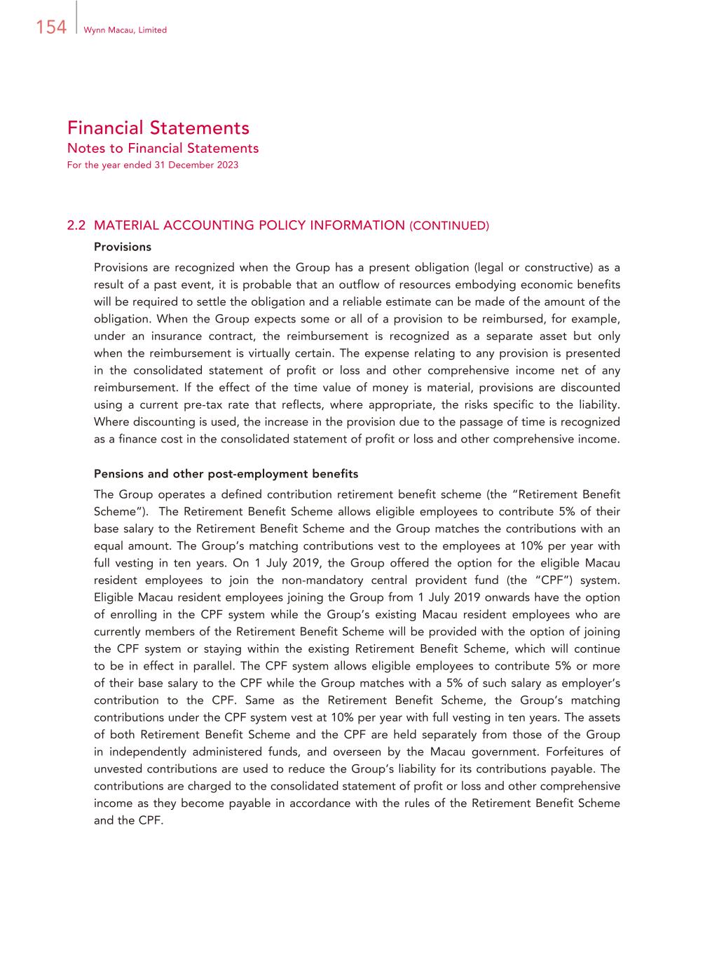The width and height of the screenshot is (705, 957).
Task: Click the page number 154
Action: pyautogui.click(x=50, y=27)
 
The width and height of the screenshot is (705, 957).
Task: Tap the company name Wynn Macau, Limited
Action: pyautogui.click(x=125, y=30)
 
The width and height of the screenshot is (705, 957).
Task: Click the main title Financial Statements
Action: pyautogui.click(x=158, y=128)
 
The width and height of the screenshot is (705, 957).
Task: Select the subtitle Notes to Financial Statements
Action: pyautogui.click(x=163, y=148)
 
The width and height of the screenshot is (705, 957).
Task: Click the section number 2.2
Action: pyautogui.click(x=76, y=226)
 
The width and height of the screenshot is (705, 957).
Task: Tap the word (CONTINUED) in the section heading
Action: pyautogui.click(x=449, y=226)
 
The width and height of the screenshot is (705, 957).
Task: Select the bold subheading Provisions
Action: pyautogui.click(x=123, y=247)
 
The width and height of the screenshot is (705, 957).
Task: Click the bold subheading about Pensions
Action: pyautogui.click(x=226, y=474)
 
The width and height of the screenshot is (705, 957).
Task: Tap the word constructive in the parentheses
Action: pyautogui.click(x=556, y=268)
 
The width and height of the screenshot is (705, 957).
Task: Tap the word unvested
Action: pyautogui.click(x=118, y=769)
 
